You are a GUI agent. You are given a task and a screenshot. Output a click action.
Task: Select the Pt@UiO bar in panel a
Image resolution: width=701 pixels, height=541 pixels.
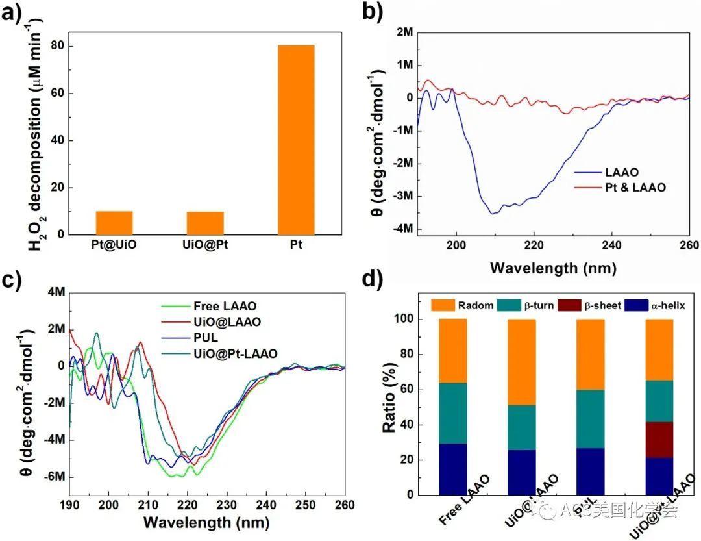click(x=114, y=223)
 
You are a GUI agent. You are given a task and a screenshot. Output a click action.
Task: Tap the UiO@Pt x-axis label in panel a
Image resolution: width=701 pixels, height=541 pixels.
click(x=204, y=247)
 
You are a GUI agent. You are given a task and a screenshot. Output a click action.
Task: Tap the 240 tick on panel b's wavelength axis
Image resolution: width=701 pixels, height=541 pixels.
click(x=611, y=246)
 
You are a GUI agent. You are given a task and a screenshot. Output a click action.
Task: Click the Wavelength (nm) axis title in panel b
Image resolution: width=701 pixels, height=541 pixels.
click(x=553, y=267)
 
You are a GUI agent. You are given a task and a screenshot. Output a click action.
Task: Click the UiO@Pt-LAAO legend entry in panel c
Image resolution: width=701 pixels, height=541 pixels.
click(x=235, y=353)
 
